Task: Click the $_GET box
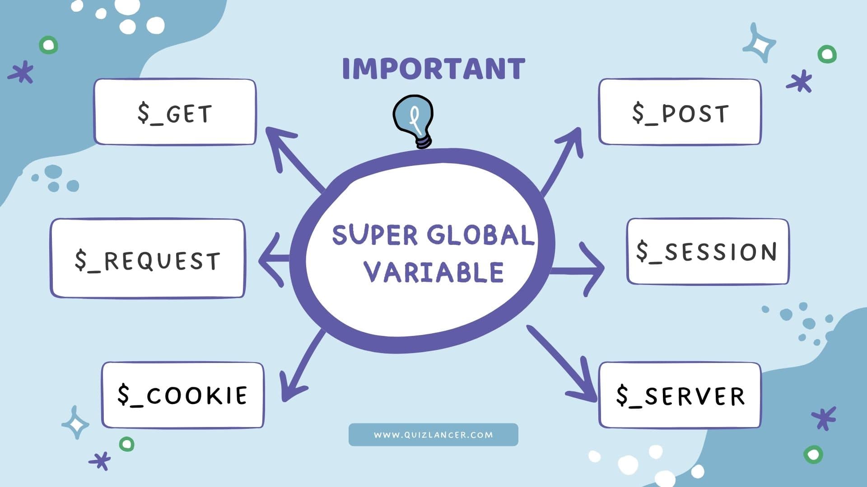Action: [175, 112]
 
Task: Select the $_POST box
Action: [680, 112]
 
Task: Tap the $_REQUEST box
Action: [148, 258]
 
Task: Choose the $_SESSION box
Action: [708, 252]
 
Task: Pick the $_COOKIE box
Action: [182, 395]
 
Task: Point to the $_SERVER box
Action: [680, 395]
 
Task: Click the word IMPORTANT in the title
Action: [433, 69]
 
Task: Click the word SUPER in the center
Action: [375, 235]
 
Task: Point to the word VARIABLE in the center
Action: [433, 272]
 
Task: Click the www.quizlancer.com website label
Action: [433, 435]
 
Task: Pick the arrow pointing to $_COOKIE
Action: [300, 365]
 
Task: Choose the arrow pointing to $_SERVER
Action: [562, 363]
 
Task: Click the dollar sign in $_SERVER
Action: [622, 395]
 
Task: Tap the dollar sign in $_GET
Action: [143, 113]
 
